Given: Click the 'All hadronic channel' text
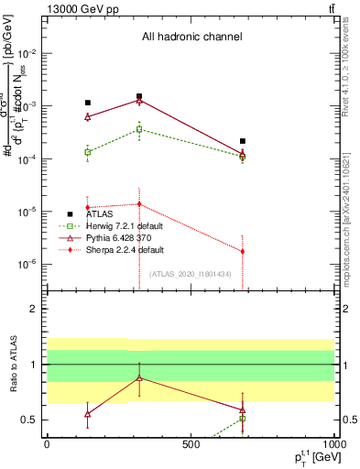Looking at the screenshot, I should pyautogui.click(x=191, y=38).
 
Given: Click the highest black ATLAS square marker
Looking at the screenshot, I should pyautogui.click(x=139, y=96).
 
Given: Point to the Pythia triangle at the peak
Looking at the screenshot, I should pyautogui.click(x=139, y=100).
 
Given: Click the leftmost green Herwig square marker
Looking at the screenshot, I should pyautogui.click(x=87, y=152).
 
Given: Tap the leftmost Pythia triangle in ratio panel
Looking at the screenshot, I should pyautogui.click(x=87, y=414).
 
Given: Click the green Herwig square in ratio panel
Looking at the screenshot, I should pyautogui.click(x=243, y=419).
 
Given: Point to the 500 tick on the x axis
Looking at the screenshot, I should pyautogui.click(x=191, y=442).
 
